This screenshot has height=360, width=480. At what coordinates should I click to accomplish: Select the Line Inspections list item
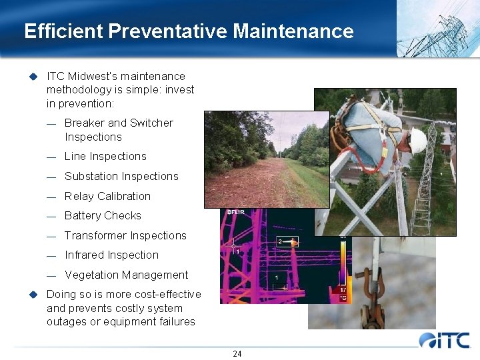click(x=105, y=157)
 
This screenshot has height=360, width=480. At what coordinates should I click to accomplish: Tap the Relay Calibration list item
click(x=107, y=196)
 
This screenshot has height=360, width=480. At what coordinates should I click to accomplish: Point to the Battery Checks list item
click(x=103, y=216)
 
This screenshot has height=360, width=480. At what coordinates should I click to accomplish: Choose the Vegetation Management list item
click(x=126, y=275)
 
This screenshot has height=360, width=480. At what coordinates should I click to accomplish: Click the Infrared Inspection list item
click(x=111, y=255)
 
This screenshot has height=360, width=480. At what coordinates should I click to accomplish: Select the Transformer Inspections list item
click(x=125, y=236)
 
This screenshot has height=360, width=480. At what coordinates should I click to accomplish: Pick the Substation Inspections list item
click(x=121, y=177)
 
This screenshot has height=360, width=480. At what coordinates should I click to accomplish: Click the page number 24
click(x=237, y=353)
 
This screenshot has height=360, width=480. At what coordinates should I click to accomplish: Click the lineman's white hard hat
click(x=417, y=140)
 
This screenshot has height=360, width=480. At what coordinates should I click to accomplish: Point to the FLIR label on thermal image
click(x=236, y=213)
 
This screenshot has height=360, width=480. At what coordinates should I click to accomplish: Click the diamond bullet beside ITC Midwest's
click(x=31, y=76)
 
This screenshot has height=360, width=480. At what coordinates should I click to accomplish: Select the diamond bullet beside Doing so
click(x=31, y=295)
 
